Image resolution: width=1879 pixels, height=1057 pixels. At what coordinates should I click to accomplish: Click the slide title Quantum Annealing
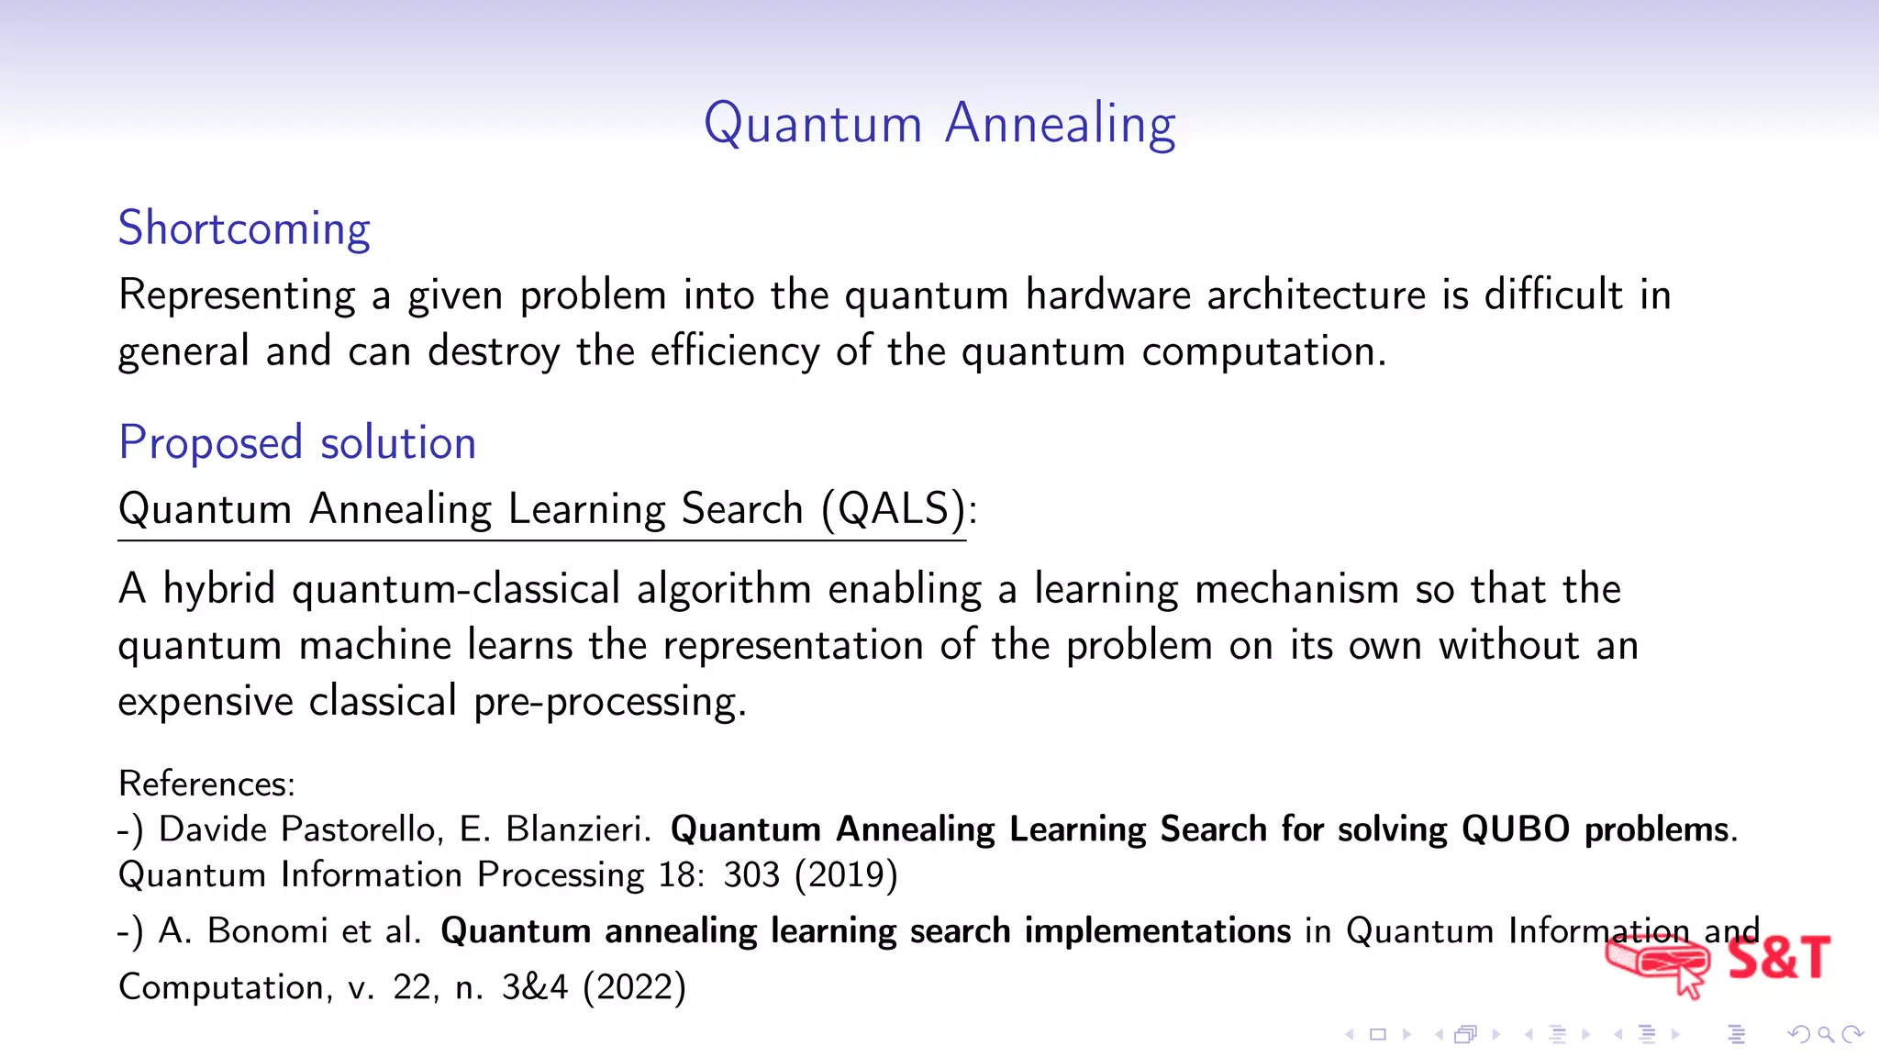pyautogui.click(x=939, y=124)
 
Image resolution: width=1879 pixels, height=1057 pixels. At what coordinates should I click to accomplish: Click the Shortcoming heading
pyautogui.click(x=244, y=228)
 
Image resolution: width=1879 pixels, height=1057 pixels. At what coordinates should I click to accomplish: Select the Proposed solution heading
pyautogui.click(x=297, y=443)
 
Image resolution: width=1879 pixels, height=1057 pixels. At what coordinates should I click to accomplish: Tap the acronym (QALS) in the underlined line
pyautogui.click(x=894, y=509)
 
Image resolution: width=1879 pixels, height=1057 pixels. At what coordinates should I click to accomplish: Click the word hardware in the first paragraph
pyautogui.click(x=1107, y=295)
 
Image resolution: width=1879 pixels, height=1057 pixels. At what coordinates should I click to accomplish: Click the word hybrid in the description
pyautogui.click(x=218, y=589)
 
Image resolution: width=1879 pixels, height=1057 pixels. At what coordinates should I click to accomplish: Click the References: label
pyautogui.click(x=206, y=784)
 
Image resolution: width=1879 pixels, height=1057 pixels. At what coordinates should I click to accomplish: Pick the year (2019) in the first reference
pyautogui.click(x=846, y=875)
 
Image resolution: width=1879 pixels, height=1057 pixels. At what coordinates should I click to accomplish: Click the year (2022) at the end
pyautogui.click(x=634, y=988)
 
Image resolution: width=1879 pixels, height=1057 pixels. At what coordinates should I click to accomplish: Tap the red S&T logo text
pyautogui.click(x=1778, y=958)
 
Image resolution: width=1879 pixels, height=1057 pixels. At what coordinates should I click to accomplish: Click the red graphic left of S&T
pyautogui.click(x=1657, y=963)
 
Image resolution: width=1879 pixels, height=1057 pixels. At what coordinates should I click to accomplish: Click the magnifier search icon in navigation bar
pyautogui.click(x=1826, y=1035)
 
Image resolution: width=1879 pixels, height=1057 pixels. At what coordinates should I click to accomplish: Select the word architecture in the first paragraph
pyautogui.click(x=1316, y=295)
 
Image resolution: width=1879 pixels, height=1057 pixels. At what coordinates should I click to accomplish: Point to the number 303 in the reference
pyautogui.click(x=750, y=875)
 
